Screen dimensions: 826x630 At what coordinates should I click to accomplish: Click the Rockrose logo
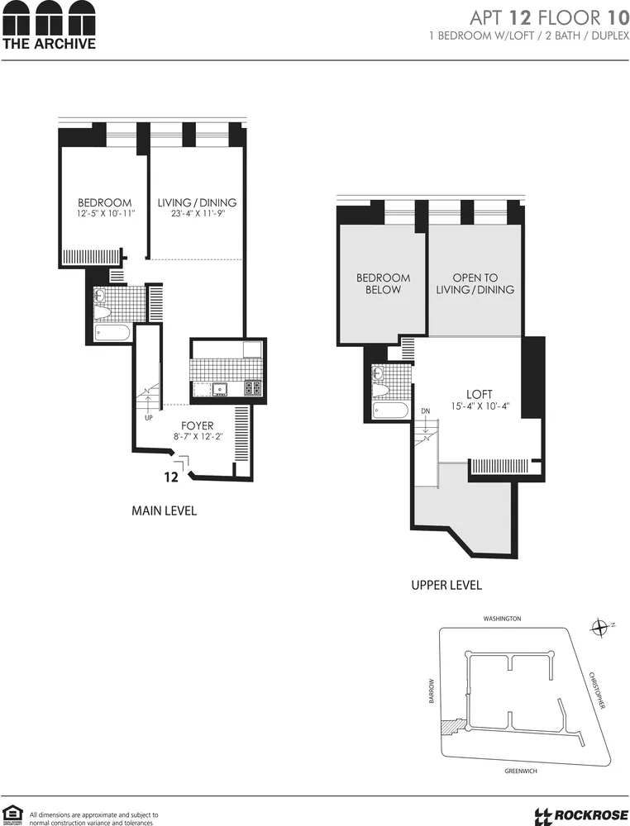pos(581,815)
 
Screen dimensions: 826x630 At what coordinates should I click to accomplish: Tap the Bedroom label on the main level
pos(105,203)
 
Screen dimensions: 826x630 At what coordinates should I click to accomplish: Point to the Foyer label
pos(198,426)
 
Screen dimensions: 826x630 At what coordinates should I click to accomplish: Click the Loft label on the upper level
pos(479,395)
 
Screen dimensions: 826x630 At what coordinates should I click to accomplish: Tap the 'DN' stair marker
pos(426,411)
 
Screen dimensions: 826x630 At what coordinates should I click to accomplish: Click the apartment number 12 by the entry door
pos(171,477)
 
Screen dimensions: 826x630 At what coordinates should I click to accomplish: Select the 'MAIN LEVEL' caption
pos(165,511)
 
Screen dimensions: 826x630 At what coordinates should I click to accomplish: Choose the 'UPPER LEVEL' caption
pos(446,585)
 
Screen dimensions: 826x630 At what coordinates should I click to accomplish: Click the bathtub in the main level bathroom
pos(112,333)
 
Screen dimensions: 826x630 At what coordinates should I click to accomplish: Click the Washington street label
pos(503,618)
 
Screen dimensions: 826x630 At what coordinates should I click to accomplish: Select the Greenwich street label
pos(523,771)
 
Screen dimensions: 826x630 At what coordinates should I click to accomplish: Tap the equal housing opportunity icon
pos(12,813)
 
